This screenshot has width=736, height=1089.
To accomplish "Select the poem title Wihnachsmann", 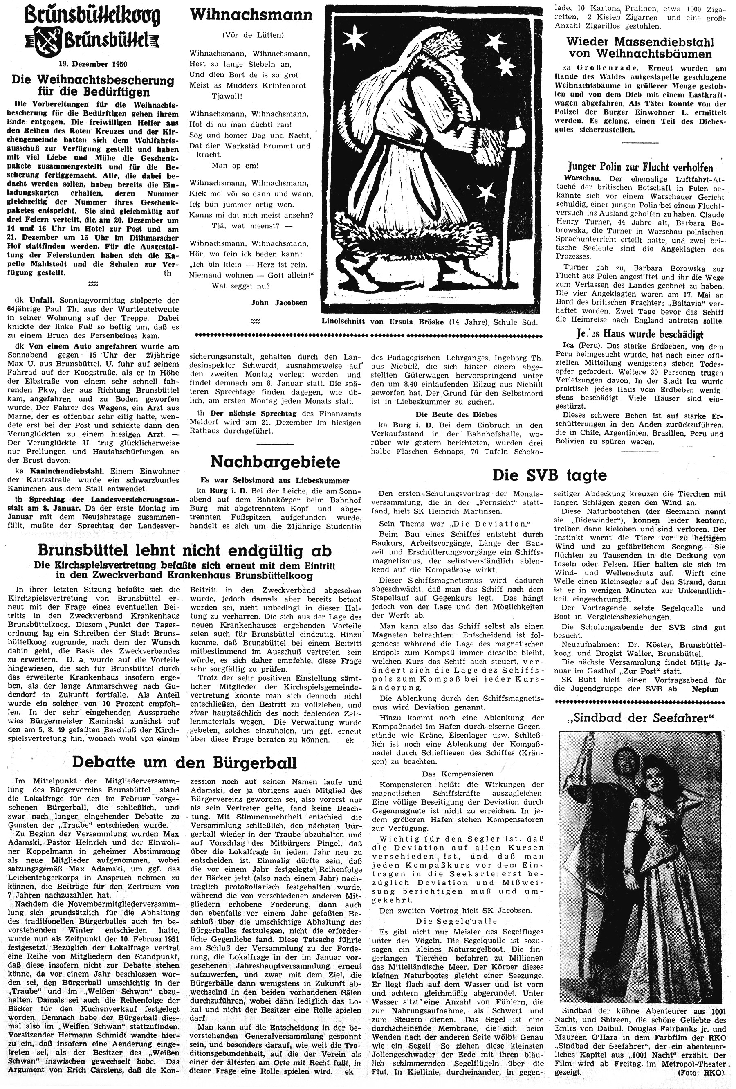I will point(251,16).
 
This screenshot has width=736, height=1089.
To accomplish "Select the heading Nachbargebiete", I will point(275,461).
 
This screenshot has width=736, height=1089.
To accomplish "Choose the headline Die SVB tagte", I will point(549,475).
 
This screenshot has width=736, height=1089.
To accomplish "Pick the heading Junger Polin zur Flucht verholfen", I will point(640,168).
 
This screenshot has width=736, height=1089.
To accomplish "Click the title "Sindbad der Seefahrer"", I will point(640,718).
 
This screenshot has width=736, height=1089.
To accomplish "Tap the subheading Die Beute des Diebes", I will point(456,414).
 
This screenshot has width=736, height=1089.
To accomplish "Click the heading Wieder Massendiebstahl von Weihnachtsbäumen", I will point(640,48).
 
